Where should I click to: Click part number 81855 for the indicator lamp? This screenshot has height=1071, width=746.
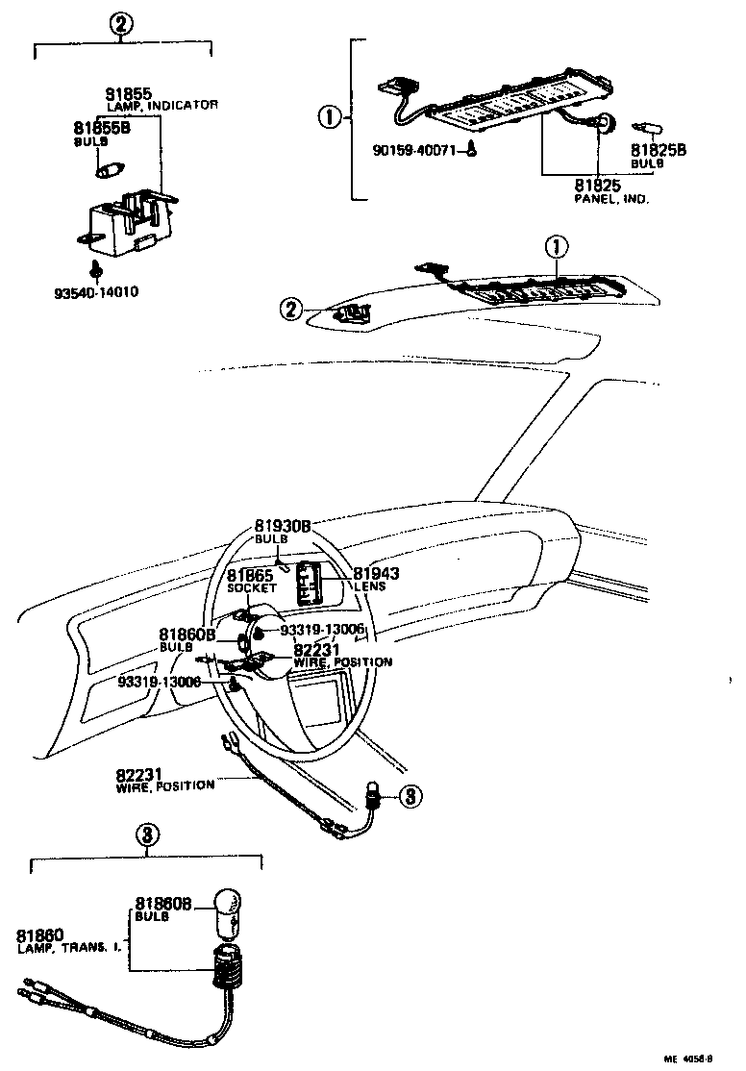(128, 94)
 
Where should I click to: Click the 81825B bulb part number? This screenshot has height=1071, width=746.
(658, 150)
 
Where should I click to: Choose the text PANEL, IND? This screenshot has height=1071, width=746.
(612, 199)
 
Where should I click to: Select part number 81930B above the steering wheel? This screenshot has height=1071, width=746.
(283, 527)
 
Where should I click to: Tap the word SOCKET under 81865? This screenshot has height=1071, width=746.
(251, 587)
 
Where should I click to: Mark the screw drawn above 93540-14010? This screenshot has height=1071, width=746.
(95, 269)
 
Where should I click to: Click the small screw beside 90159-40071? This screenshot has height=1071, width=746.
(473, 149)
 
